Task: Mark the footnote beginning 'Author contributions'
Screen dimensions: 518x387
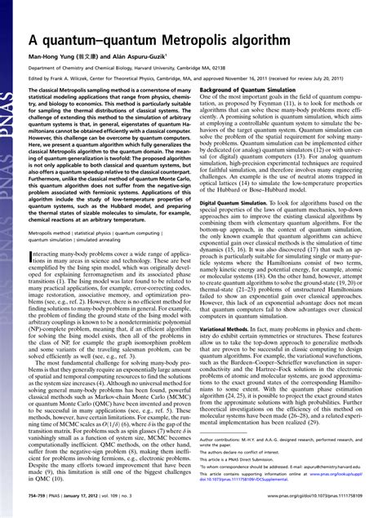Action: (245, 438)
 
